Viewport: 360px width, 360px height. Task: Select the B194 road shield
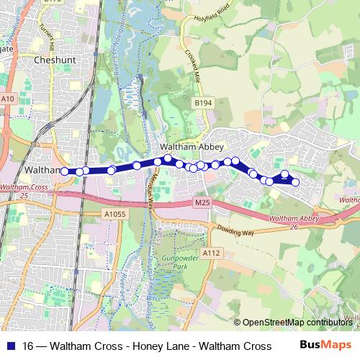(203, 104)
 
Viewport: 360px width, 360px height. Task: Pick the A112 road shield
(211, 253)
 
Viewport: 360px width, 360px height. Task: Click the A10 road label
(7, 99)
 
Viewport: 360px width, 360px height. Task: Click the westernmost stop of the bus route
(65, 171)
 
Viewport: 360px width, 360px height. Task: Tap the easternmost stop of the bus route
(295, 181)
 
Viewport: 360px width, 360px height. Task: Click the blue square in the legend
(9, 346)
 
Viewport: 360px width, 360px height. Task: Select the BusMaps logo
(325, 346)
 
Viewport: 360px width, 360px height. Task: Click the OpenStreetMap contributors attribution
(297, 323)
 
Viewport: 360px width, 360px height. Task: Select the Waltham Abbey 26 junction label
(294, 221)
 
